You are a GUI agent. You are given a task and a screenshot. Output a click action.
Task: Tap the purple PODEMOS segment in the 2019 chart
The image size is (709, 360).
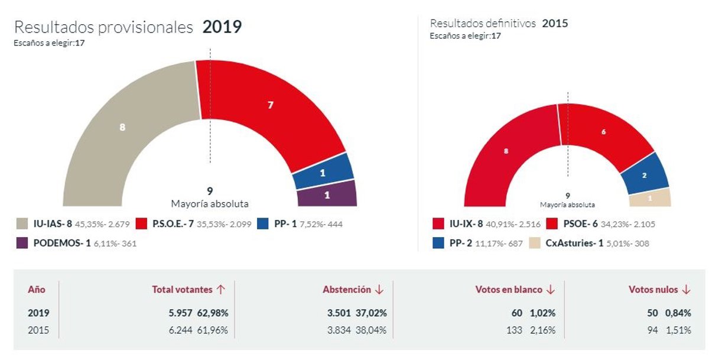pyautogui.click(x=327, y=194)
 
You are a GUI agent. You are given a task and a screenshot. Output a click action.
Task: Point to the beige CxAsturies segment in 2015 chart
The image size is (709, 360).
pyautogui.click(x=651, y=198)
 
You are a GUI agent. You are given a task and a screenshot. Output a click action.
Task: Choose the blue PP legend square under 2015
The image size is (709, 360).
pyautogui.click(x=438, y=243)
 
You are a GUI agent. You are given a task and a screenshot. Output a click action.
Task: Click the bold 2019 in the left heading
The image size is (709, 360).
pyautogui.click(x=222, y=27)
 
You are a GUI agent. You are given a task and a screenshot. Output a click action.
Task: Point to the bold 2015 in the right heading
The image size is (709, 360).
pyautogui.click(x=555, y=24)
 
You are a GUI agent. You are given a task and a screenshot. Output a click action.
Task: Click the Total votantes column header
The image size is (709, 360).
pyautogui.click(x=182, y=290)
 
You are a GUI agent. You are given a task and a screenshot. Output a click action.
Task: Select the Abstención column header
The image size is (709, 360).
pyautogui.click(x=347, y=290)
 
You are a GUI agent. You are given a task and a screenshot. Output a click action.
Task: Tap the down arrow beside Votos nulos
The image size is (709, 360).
pyautogui.click(x=686, y=290)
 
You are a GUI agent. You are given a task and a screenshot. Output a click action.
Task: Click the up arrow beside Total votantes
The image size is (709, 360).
pyautogui.click(x=221, y=290)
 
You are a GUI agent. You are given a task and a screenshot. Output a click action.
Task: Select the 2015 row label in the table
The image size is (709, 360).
pyautogui.click(x=39, y=330)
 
